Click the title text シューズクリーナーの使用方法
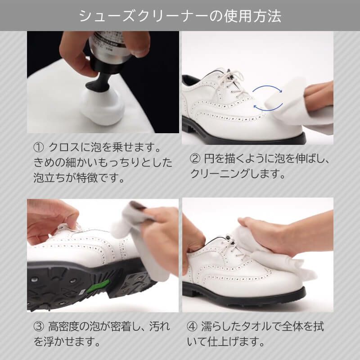180,16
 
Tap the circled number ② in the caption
195,159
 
